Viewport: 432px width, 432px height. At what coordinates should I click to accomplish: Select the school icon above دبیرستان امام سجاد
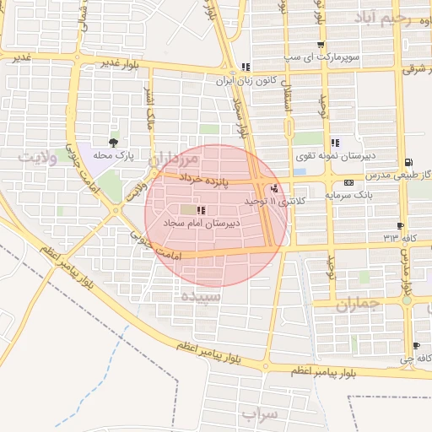200,209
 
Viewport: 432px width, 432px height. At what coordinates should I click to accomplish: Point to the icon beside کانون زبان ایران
245,67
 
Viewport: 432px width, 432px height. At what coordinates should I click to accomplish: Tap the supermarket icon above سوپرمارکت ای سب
320,46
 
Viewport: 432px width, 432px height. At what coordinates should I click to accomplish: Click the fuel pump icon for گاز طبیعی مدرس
409,161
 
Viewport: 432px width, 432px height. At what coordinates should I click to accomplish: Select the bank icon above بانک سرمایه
348,182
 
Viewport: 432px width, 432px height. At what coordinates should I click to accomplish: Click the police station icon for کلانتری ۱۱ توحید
273,188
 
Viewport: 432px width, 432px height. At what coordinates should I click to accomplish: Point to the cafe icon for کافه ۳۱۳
399,226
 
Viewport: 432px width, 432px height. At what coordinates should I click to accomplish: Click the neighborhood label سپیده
201,297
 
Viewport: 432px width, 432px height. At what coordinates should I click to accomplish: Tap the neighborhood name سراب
259,414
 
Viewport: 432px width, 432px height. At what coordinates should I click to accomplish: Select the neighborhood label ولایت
39,157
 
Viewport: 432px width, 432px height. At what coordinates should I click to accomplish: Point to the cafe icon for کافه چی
416,346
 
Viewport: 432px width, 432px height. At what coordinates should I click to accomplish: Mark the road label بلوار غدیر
119,62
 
